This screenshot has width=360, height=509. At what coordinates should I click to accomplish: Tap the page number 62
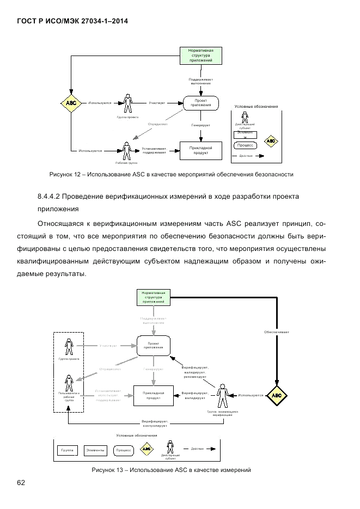(21, 483)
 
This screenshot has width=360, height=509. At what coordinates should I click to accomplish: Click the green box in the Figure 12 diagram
(201, 56)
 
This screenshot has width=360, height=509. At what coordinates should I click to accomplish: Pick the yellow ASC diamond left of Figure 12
(71, 102)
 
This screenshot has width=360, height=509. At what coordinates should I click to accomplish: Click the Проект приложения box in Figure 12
(201, 102)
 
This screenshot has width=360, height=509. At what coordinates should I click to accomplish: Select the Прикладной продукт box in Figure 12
(201, 150)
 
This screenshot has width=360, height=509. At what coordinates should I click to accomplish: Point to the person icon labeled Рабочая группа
(126, 151)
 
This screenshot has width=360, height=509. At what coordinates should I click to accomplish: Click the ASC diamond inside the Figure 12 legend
(271, 140)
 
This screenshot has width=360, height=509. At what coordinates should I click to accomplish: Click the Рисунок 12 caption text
(171, 175)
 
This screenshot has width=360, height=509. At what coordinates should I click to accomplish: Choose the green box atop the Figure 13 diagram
(153, 298)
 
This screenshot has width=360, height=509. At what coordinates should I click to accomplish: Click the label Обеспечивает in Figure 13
(277, 331)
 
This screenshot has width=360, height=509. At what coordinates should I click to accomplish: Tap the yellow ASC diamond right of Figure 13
(277, 395)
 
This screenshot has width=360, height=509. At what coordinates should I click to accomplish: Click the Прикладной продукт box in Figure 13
(153, 395)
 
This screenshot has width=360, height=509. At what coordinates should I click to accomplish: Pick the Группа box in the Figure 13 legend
(68, 451)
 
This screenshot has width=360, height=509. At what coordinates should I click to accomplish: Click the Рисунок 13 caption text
(171, 470)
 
